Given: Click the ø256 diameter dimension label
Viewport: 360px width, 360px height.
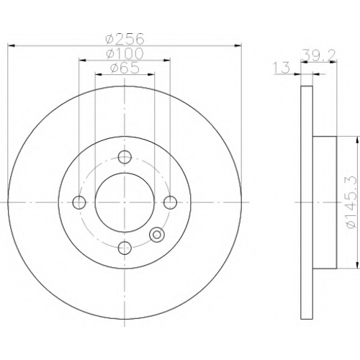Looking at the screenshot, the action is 125,39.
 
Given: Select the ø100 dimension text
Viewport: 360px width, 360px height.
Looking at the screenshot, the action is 125,53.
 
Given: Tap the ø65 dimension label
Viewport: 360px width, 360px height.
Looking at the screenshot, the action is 125,68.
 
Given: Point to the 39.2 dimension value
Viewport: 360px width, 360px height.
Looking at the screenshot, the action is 319,55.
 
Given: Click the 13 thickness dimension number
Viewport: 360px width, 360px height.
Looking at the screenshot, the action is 282,68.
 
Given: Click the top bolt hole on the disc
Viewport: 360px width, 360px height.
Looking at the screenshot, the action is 125,157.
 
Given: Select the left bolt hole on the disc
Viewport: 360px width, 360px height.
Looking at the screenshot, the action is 79,202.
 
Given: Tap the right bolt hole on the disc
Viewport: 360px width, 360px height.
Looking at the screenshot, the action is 171,202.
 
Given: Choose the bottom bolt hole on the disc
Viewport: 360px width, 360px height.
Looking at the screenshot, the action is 125,248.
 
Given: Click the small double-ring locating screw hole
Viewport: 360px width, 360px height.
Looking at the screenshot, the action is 157,234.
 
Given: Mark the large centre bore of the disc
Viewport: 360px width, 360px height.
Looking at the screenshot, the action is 125,202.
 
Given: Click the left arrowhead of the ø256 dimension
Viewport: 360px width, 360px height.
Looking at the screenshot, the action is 12,45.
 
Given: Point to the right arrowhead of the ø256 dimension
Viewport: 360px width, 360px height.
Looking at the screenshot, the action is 238,45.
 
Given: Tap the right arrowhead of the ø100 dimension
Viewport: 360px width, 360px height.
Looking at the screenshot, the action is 167,60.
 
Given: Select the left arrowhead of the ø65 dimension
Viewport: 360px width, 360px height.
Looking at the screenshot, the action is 99,74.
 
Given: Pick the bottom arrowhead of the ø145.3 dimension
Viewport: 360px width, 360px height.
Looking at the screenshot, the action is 358,264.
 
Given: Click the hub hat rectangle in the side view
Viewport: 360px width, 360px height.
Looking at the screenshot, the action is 325,202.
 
